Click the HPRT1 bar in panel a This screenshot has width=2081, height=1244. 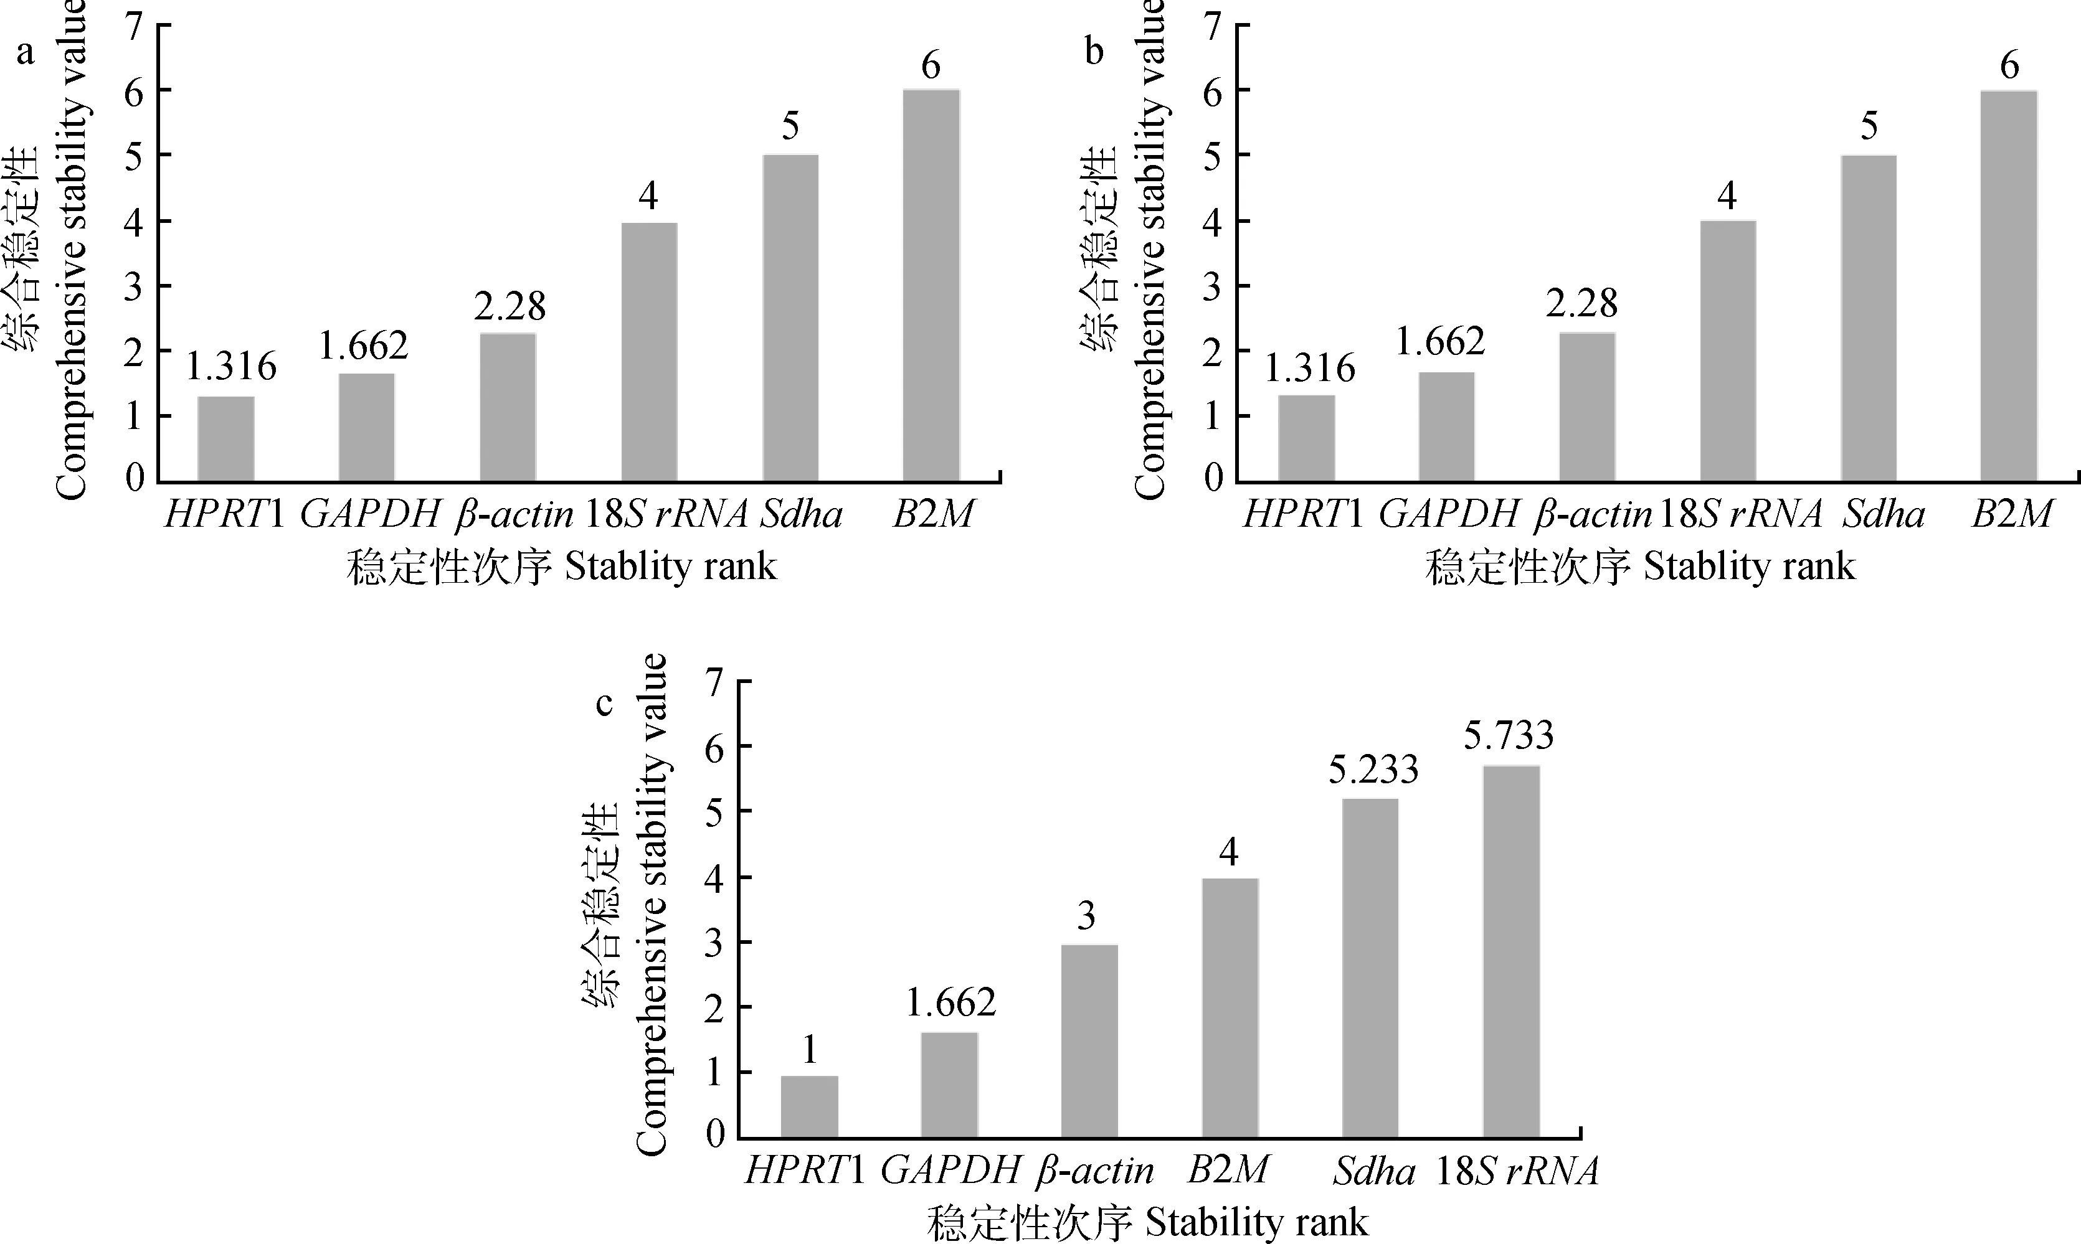[225, 438]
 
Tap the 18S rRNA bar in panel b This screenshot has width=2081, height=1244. [1728, 351]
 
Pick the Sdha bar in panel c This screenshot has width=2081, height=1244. [1370, 968]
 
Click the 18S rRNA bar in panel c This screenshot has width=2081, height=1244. [1511, 951]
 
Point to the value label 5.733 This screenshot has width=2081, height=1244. [1509, 735]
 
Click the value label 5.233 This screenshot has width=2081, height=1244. [1373, 770]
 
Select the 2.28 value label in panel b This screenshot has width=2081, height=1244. [1581, 303]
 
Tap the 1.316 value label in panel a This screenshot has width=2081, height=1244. [230, 366]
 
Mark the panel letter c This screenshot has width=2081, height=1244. [605, 704]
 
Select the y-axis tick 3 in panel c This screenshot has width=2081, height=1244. [714, 942]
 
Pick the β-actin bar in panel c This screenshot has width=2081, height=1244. [1089, 1041]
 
